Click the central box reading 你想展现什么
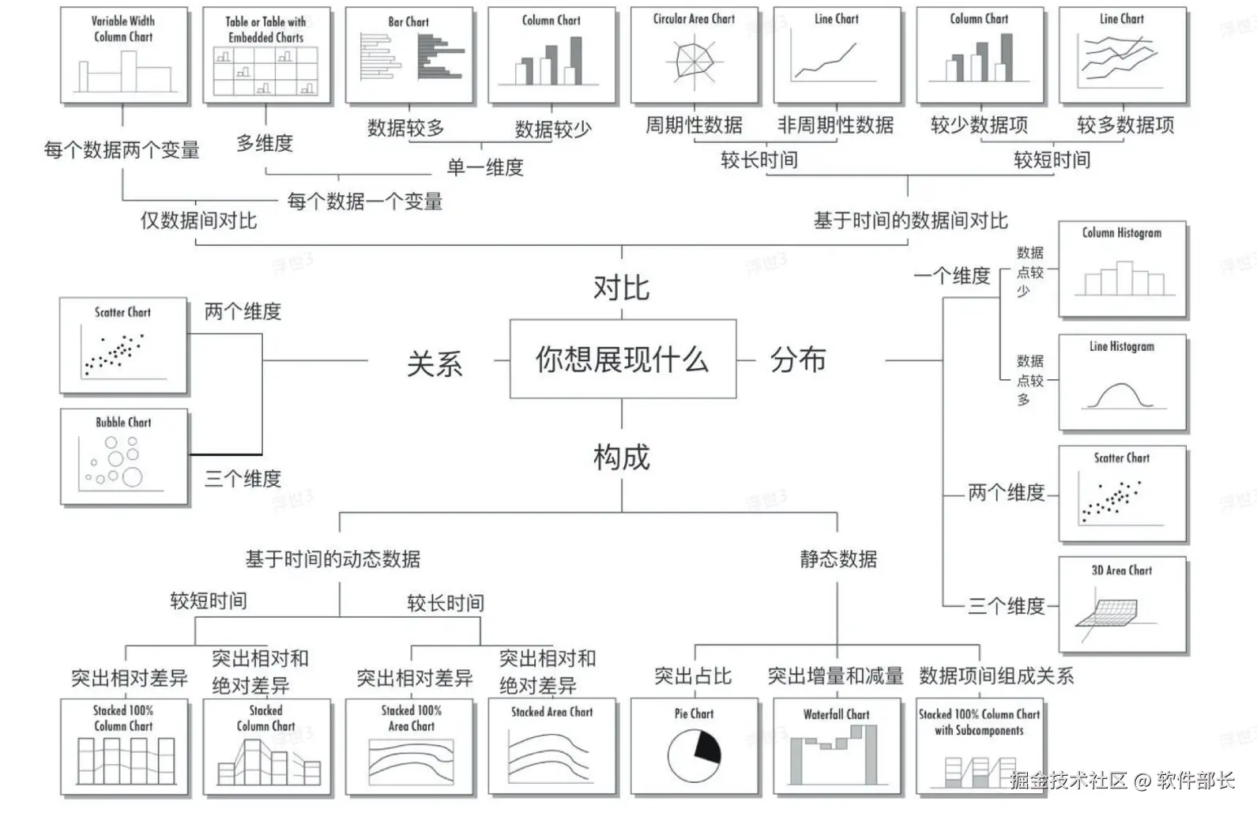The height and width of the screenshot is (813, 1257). pyautogui.click(x=623, y=359)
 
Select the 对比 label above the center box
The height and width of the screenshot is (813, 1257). pyautogui.click(x=622, y=288)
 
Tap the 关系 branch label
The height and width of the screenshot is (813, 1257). pyautogui.click(x=434, y=364)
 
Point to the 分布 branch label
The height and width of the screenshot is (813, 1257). pyautogui.click(x=798, y=360)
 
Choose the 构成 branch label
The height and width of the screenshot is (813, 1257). pyautogui.click(x=622, y=457)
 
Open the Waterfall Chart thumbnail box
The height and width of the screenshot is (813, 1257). pyautogui.click(x=837, y=747)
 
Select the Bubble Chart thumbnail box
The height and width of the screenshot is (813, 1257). pyautogui.click(x=124, y=457)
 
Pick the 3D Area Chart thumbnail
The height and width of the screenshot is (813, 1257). pyautogui.click(x=1122, y=605)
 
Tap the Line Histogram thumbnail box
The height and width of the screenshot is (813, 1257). pyautogui.click(x=1122, y=382)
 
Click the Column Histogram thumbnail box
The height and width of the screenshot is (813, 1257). pyautogui.click(x=1122, y=269)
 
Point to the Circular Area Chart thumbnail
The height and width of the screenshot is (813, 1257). pyautogui.click(x=694, y=55)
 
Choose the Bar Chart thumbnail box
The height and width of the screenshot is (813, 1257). pyautogui.click(x=409, y=55)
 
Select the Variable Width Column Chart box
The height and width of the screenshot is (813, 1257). pyautogui.click(x=124, y=55)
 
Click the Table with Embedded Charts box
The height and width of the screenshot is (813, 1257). pyautogui.click(x=266, y=55)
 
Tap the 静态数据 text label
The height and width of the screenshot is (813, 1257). pyautogui.click(x=838, y=559)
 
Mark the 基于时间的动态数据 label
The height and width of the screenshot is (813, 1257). pyautogui.click(x=333, y=559)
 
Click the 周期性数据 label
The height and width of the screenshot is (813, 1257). pyautogui.click(x=694, y=125)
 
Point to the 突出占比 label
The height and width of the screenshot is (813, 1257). pyautogui.click(x=693, y=676)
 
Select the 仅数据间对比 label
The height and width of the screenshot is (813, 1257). pyautogui.click(x=198, y=220)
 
